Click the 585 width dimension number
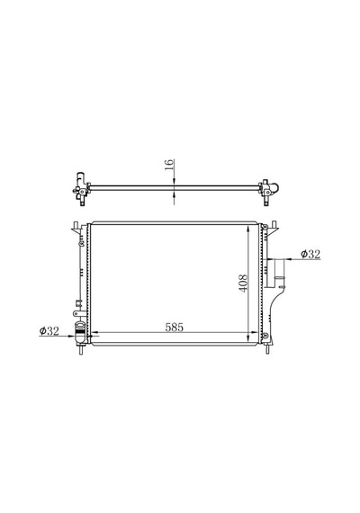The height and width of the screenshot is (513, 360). tap(174, 328)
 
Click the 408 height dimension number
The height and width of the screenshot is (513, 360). tap(243, 283)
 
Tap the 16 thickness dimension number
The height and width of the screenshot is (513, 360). tap(168, 165)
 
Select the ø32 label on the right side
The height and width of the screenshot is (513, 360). tap(310, 254)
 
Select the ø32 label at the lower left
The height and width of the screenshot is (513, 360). tap(49, 331)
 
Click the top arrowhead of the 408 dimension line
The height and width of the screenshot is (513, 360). tap(249, 229)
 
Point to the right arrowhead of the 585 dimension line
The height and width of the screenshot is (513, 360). tap(255, 333)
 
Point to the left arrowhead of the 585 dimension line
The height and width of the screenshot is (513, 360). tap(94, 333)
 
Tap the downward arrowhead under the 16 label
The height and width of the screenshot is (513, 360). tap(174, 182)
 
